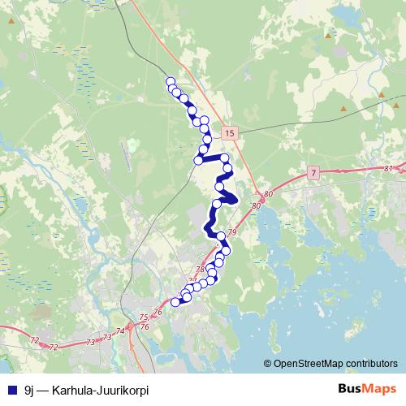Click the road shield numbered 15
pyautogui.click(x=231, y=132)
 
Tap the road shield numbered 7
pyautogui.click(x=313, y=174)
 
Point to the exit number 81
pyautogui.click(x=389, y=168)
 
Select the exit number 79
pyautogui.click(x=231, y=234)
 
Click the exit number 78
pyautogui.click(x=201, y=269)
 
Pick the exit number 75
pyautogui.click(x=144, y=317)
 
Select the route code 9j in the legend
pyautogui.click(x=29, y=390)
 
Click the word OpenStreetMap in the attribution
pyautogui.click(x=309, y=363)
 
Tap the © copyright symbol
pyautogui.click(x=267, y=363)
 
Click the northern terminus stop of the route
pyautogui.click(x=171, y=81)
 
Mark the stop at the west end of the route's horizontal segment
pyautogui.click(x=197, y=160)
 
